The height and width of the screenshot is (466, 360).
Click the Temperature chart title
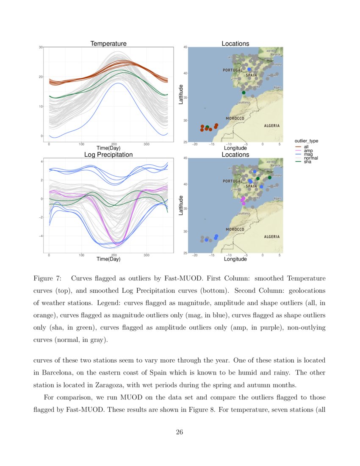[x=108, y=44]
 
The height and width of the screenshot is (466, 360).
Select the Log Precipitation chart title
[x=108, y=155]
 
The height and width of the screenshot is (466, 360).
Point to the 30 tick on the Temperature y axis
[x=41, y=47]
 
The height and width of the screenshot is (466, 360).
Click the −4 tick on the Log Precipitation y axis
[x=41, y=236]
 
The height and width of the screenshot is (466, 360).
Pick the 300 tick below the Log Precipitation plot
[x=147, y=255]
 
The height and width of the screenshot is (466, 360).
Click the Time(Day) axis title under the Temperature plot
[x=108, y=148]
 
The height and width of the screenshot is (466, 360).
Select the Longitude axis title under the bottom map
[x=235, y=259]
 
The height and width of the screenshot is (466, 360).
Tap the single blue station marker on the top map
[x=249, y=69]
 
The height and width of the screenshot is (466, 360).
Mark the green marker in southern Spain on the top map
[x=244, y=92]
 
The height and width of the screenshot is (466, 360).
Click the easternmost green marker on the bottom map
[x=269, y=178]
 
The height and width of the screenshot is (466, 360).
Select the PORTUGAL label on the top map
[x=233, y=70]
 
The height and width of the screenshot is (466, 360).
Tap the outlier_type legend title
[x=306, y=141]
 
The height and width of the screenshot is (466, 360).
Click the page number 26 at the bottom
[x=180, y=432]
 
